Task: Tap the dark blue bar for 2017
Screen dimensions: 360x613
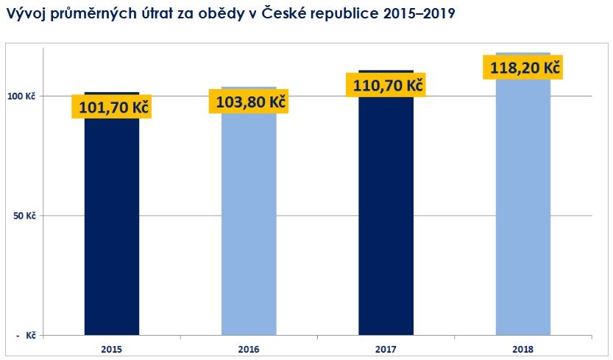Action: pyautogui.click(x=386, y=221)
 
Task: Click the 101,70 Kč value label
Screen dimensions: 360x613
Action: pyautogui.click(x=110, y=107)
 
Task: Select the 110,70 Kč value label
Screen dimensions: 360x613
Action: pyautogui.click(x=388, y=85)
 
